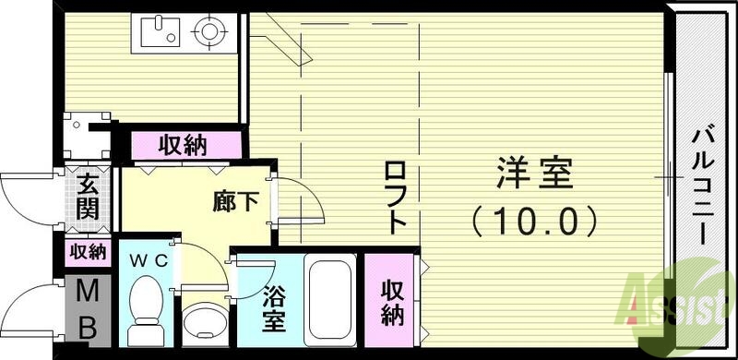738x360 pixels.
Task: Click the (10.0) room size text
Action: pos(536,220)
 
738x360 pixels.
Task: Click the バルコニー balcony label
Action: pos(703,185)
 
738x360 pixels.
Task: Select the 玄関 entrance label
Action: pos(88,196)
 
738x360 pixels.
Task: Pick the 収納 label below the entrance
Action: pos(87,252)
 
